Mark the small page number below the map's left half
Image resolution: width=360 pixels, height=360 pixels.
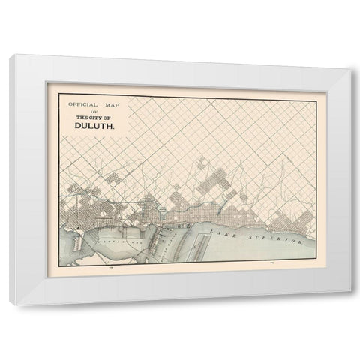click(111, 268)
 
